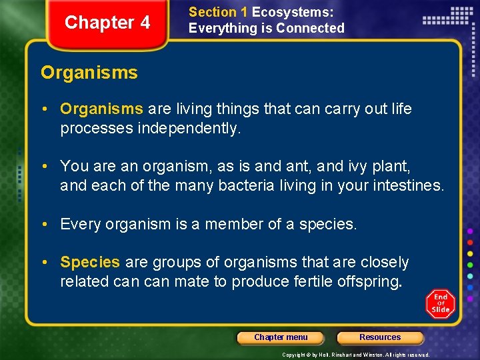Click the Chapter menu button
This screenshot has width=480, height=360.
coord(281,337)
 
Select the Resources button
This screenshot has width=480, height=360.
coord(380,337)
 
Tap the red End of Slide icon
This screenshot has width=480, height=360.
coord(440,304)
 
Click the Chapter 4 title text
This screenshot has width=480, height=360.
coord(107,23)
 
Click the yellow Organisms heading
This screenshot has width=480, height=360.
coord(89,73)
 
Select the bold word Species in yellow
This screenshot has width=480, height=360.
coord(90,262)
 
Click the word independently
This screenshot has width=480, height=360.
coord(188,128)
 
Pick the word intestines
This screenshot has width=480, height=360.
coord(403,185)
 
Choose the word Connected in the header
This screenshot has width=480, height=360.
coord(310,28)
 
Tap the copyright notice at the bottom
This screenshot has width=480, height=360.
coord(355,355)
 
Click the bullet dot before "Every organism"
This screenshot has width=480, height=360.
coord(51,225)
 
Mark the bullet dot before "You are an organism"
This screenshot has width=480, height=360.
coord(51,165)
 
